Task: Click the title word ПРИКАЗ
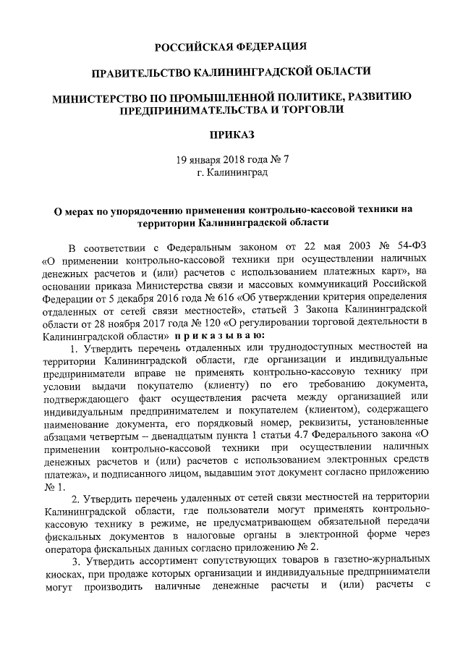pos(231,135)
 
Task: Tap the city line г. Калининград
pos(231,173)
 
